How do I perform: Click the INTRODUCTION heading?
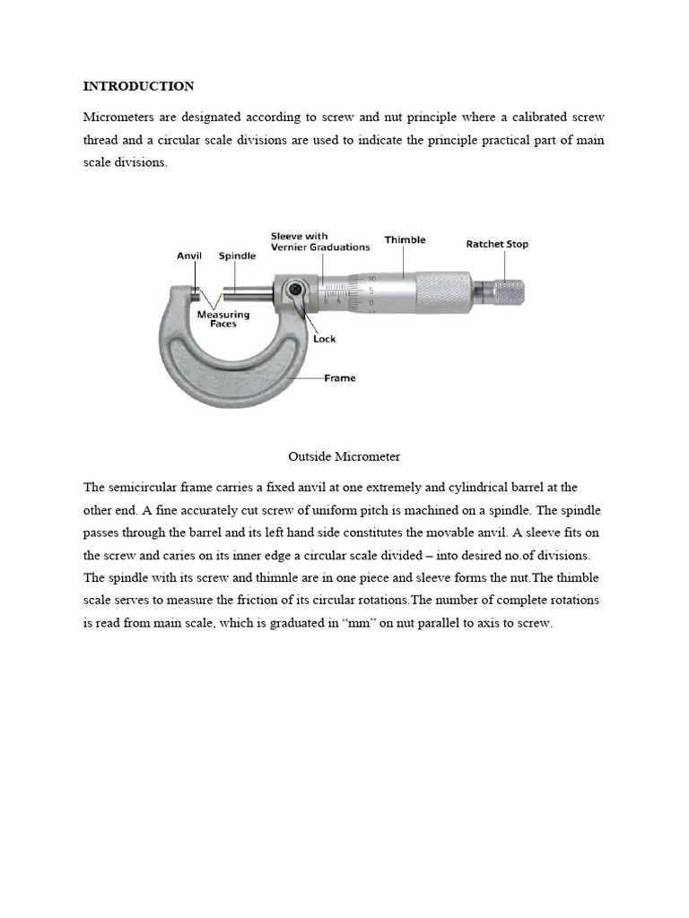coord(138,86)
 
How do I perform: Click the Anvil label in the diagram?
coord(189,255)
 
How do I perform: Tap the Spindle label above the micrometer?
coord(238,255)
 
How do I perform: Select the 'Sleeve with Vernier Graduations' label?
coord(320,242)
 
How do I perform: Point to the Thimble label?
coord(405,239)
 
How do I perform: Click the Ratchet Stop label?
coord(497,244)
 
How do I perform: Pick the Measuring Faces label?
coord(223,319)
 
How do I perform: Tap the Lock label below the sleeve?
coord(324,339)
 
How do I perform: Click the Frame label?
coord(339,378)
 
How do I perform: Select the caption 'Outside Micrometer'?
coord(344,456)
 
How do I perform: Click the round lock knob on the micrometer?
coord(294,290)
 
